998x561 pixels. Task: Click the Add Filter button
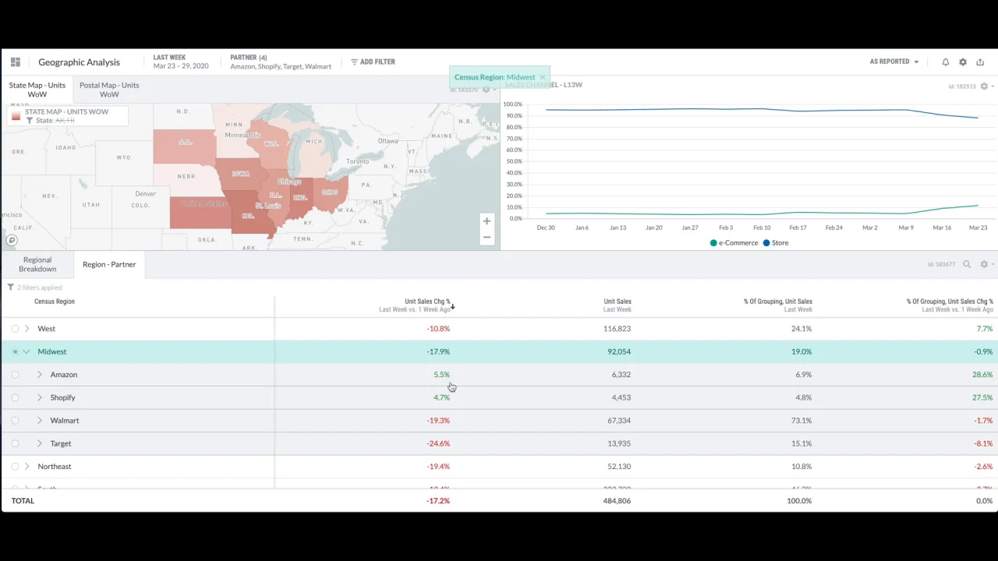[373, 62]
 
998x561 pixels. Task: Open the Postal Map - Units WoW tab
[109, 90]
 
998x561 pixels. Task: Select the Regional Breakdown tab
[37, 264]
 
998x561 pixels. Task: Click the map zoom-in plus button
[487, 221]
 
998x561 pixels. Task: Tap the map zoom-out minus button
[487, 237]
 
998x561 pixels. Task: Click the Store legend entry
[776, 243]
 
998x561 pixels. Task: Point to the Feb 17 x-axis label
[798, 228]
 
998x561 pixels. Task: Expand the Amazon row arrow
[40, 375]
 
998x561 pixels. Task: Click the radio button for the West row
[15, 329]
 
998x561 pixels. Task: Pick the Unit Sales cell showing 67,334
[618, 421]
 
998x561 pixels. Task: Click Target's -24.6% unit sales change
[438, 443]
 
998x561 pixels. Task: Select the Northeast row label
[54, 467]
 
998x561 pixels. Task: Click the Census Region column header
[55, 302]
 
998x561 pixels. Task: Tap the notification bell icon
[945, 62]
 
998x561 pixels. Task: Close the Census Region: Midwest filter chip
[543, 77]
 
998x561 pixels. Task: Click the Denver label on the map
[145, 193]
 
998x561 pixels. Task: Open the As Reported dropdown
[894, 62]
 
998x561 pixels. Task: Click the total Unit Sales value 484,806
[617, 501]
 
